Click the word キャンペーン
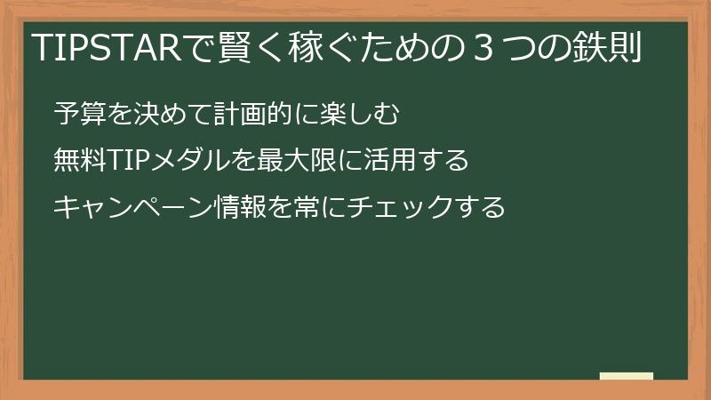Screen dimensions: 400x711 tap(132, 207)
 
